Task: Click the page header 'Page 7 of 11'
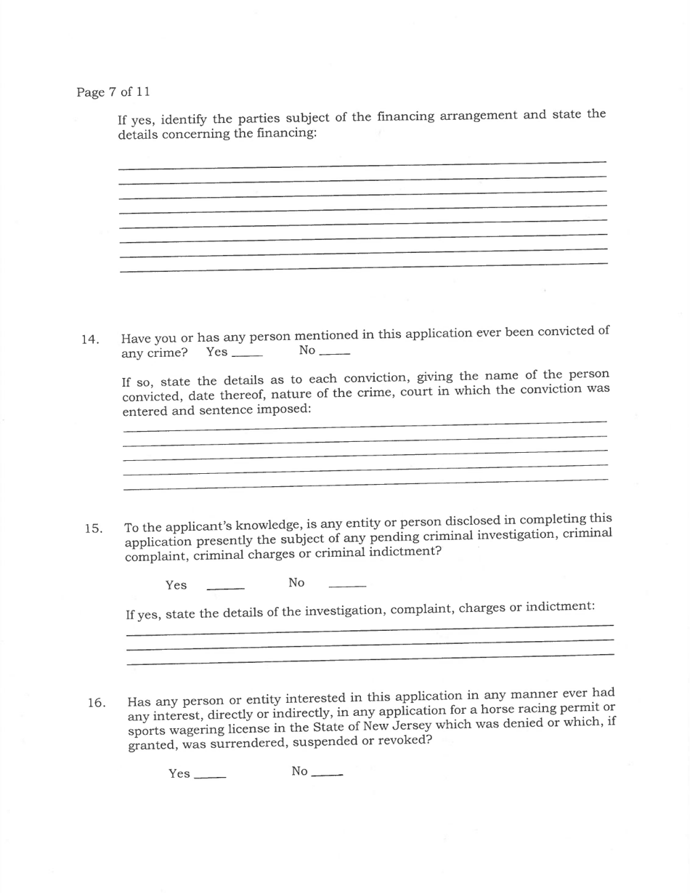[113, 92]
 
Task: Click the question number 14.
[90, 339]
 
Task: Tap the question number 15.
[92, 528]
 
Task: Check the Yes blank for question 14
[248, 355]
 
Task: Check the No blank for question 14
[334, 353]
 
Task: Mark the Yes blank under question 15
[225, 587]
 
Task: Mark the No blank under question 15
[347, 585]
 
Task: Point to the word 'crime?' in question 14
[167, 354]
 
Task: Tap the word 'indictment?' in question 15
[406, 551]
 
